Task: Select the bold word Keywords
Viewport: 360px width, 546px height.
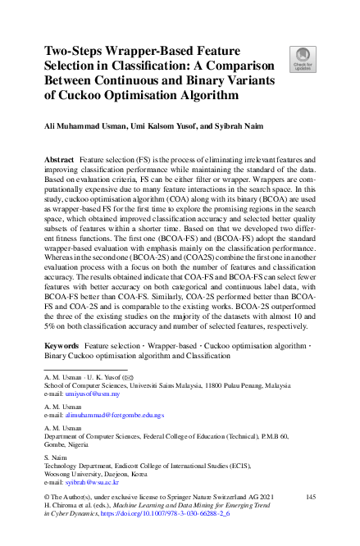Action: pyautogui.click(x=61, y=347)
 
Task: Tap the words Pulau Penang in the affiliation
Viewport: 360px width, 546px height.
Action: pyautogui.click(x=238, y=384)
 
